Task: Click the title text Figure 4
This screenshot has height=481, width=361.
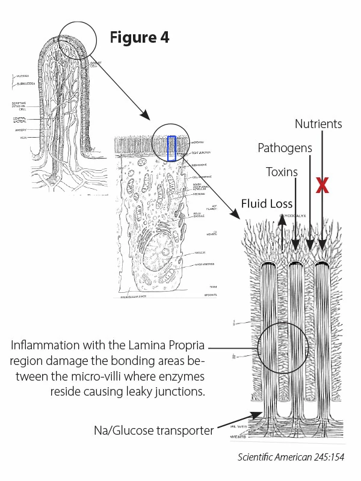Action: tap(139, 37)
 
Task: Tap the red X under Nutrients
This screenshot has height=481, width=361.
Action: tap(322, 185)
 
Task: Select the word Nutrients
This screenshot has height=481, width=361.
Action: tap(318, 124)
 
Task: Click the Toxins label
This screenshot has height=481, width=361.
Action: tap(282, 172)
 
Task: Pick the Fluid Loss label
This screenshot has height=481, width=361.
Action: tap(267, 204)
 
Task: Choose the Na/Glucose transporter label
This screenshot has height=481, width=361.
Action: tap(153, 431)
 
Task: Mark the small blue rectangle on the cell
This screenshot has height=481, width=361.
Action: tap(172, 149)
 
